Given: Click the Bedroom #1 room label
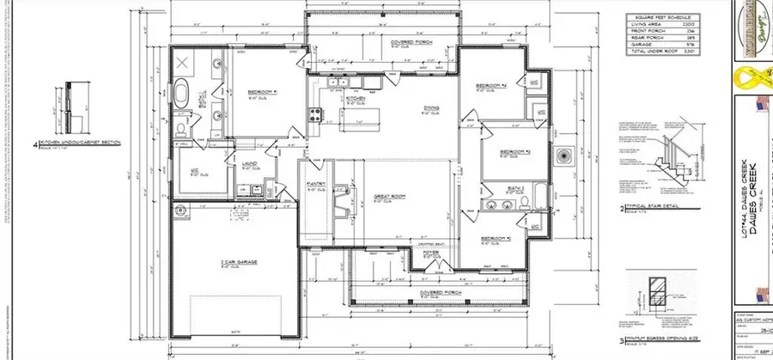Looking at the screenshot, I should (261, 92).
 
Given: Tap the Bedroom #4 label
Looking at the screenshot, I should (492, 87).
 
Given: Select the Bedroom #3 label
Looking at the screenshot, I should (512, 152).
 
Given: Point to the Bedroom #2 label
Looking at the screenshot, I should (496, 238).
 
